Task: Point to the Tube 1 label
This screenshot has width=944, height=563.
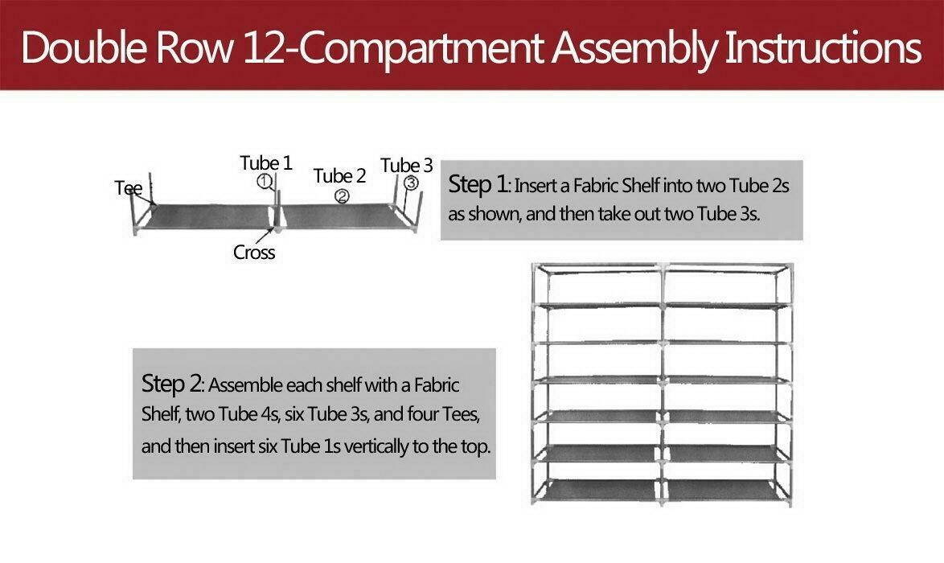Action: coord(266,163)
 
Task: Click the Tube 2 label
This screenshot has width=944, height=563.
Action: coord(339,175)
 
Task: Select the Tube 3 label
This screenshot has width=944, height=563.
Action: coord(406,166)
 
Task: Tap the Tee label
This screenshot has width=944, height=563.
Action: coord(128,188)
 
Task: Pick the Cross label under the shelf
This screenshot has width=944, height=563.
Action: coord(254,253)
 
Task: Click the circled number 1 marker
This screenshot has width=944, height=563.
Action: coord(264,182)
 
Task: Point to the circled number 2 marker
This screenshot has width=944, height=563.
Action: coord(342,195)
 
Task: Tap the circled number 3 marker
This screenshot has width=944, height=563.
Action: coord(411,183)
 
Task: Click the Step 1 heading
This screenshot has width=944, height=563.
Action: coord(478,185)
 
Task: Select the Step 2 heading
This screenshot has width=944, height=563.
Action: coord(173,384)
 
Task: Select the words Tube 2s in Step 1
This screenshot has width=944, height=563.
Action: coord(759,187)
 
